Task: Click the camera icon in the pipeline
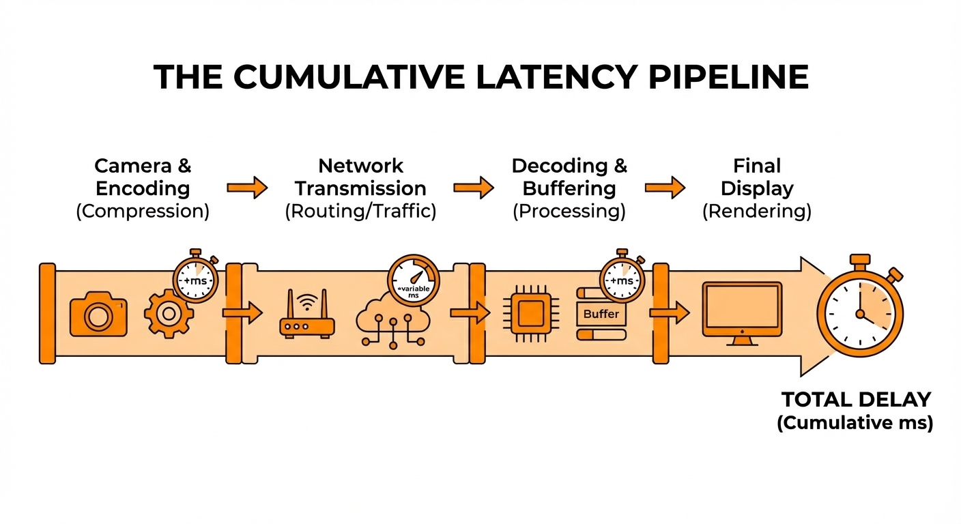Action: pyautogui.click(x=98, y=314)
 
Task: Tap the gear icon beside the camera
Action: pyautogui.click(x=169, y=313)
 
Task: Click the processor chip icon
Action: pyautogui.click(x=530, y=314)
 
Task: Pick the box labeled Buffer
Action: pyautogui.click(x=601, y=314)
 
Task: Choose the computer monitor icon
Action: pyautogui.click(x=742, y=312)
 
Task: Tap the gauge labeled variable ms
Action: pyautogui.click(x=414, y=282)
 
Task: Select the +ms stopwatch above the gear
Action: pyautogui.click(x=196, y=279)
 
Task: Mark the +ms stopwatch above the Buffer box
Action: pyautogui.click(x=622, y=279)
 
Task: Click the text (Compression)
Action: pyautogui.click(x=143, y=211)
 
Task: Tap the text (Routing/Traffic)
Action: pyautogui.click(x=360, y=211)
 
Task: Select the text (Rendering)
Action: pyautogui.click(x=757, y=211)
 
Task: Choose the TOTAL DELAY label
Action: pyautogui.click(x=856, y=399)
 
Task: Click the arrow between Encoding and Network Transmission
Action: pyautogui.click(x=247, y=187)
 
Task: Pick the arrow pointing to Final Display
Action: pyautogui.click(x=665, y=187)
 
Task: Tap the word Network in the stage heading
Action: pyautogui.click(x=360, y=166)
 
